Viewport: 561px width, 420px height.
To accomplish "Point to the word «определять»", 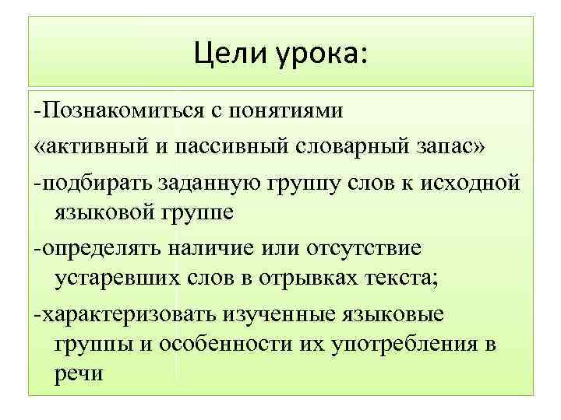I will point(104,249).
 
